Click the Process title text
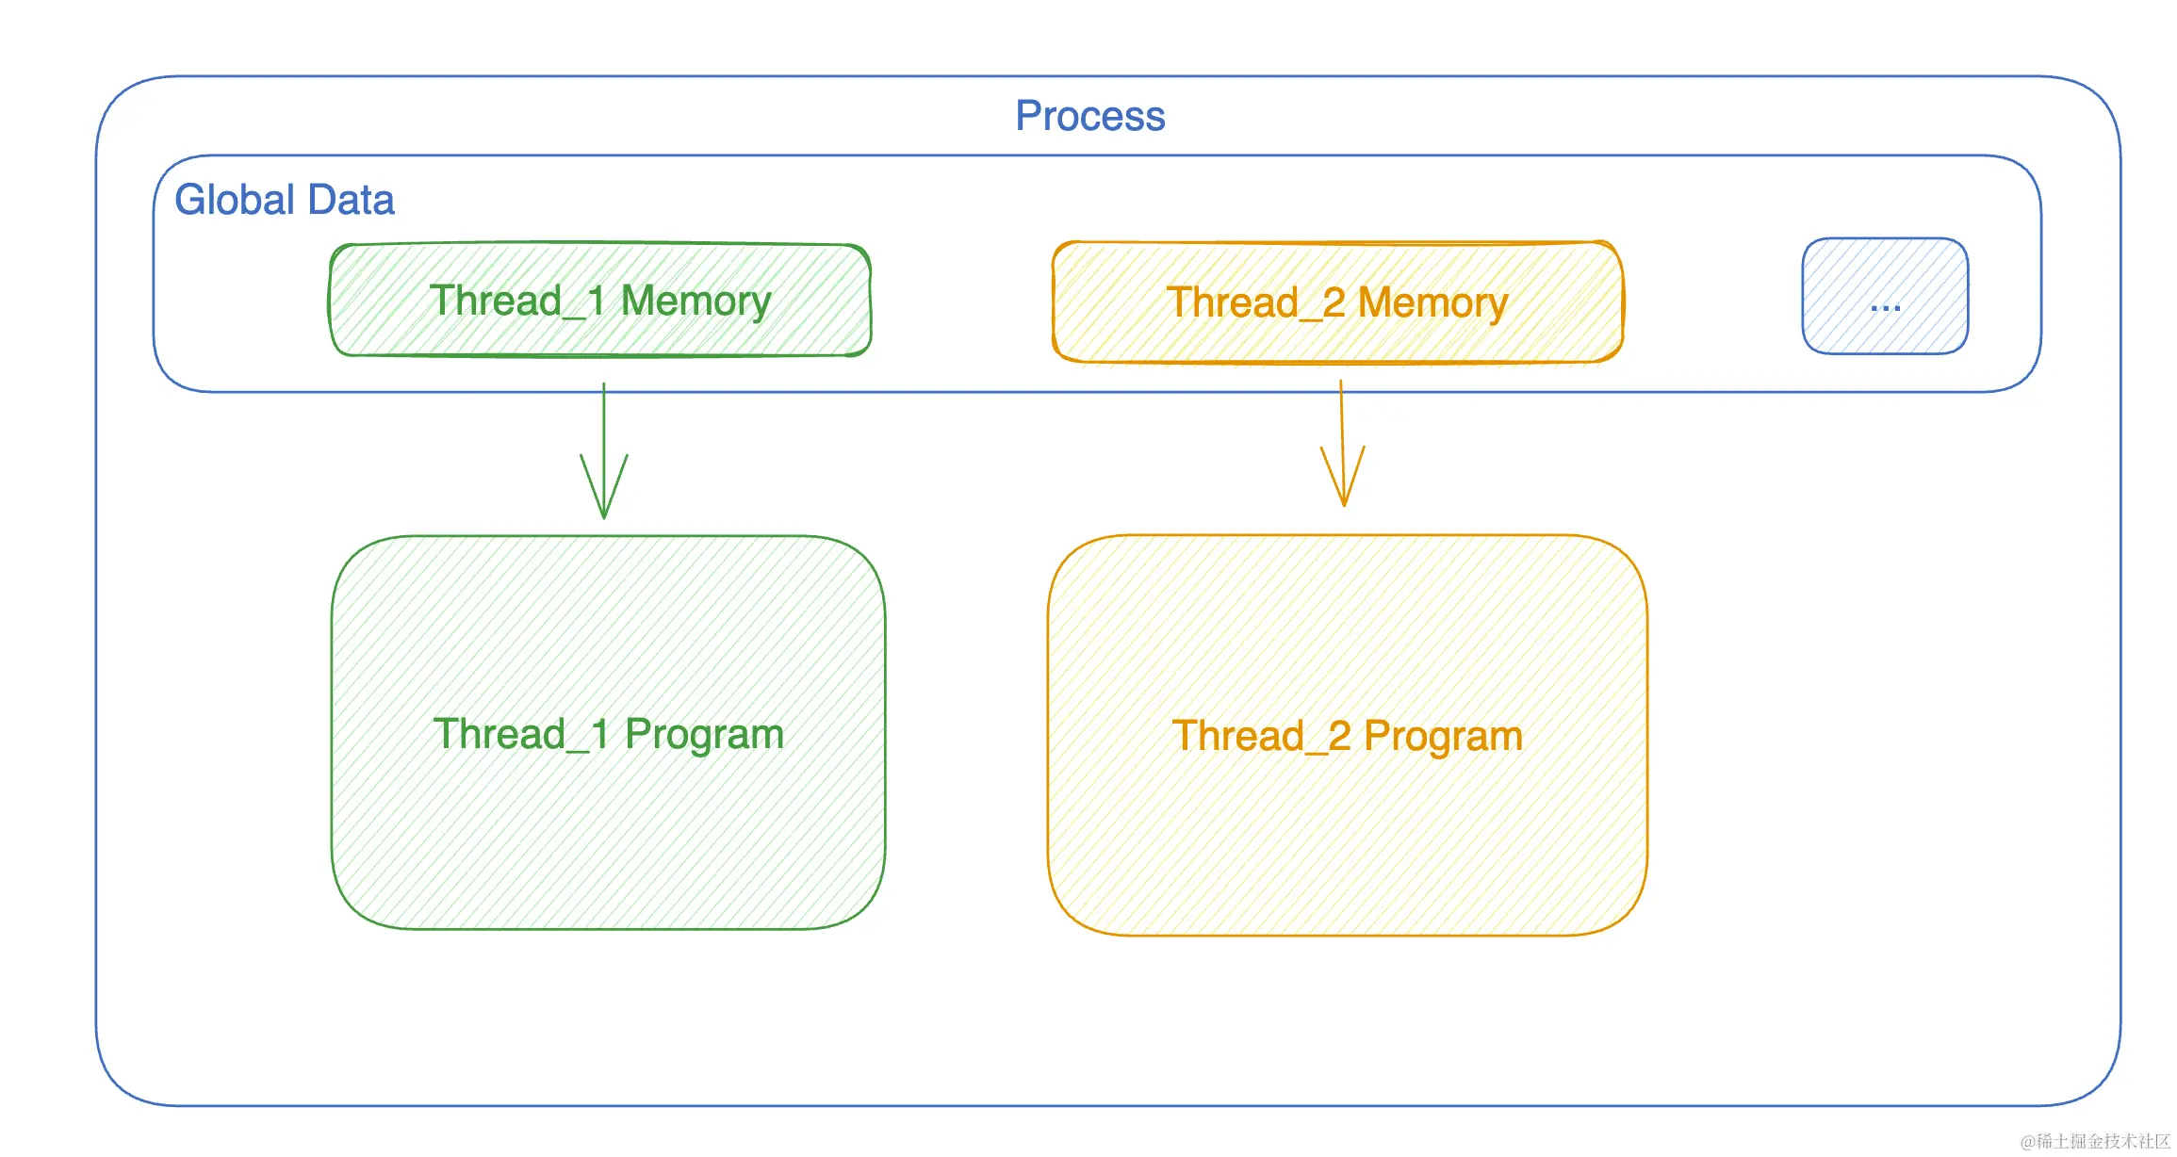[x=1089, y=117]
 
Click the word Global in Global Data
[x=236, y=200]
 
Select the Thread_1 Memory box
[x=599, y=300]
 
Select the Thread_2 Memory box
[x=1337, y=301]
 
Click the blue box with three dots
[x=1885, y=296]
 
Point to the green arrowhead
[x=604, y=486]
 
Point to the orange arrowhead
[x=1344, y=476]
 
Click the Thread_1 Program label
[x=609, y=735]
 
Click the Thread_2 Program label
[x=1348, y=737]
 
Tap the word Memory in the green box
[x=696, y=301]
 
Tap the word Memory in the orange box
[x=1432, y=303]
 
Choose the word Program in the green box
[x=705, y=736]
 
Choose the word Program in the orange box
[x=1444, y=738]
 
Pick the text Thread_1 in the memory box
[x=517, y=301]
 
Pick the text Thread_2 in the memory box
[x=1256, y=303]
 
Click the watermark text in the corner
[x=2095, y=1141]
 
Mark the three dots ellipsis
[x=1885, y=307]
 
